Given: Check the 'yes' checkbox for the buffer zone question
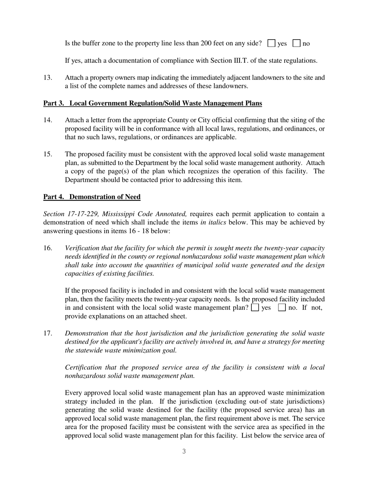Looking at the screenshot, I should [272, 43].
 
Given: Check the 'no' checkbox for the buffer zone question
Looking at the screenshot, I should [297, 43].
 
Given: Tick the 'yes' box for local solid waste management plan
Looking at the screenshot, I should [255, 308].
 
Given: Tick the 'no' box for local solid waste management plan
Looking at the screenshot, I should [282, 308].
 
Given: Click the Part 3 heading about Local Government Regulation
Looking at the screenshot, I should [152, 103].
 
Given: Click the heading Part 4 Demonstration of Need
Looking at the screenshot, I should [92, 197].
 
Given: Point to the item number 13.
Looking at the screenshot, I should [48, 78].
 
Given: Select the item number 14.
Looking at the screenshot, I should [48, 120].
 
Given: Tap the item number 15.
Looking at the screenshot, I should [48, 154].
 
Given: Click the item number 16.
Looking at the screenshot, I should [48, 248].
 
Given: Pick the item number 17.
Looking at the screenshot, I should [48, 334].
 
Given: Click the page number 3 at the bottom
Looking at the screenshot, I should [184, 451].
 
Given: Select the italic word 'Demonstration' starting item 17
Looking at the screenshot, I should [86, 334].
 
